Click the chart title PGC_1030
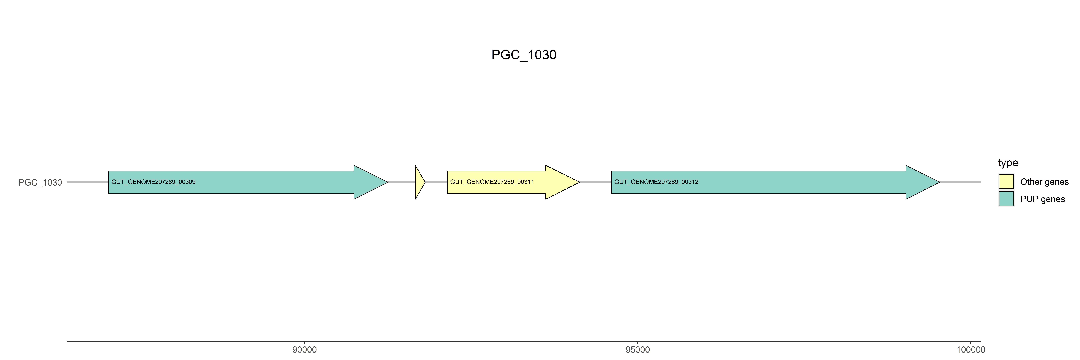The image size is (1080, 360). point(524,55)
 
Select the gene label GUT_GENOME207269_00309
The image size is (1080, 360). point(153,182)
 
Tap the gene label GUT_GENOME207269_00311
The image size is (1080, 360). point(492,182)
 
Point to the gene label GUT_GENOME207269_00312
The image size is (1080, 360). point(656,182)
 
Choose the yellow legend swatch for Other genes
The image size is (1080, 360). point(1006,181)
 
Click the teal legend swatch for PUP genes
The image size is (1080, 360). point(1006,199)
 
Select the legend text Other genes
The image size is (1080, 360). point(1044,182)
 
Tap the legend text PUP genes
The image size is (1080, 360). point(1042,199)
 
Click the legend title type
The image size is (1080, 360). point(1008,163)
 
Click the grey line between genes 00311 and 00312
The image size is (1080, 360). point(595,182)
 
